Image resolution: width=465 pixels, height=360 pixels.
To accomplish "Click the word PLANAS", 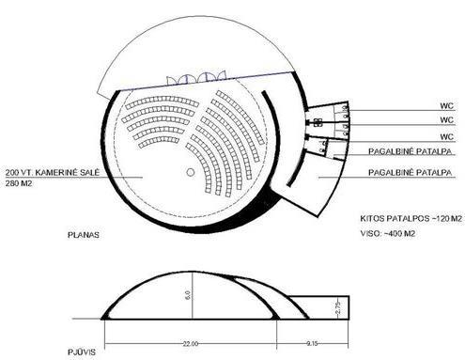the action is pos(84,235).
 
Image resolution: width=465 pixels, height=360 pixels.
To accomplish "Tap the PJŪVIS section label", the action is pos(82,352).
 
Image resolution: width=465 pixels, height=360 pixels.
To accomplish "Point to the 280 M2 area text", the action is pos(19,183).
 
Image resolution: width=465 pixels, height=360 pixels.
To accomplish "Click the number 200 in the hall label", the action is pos(13,173).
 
